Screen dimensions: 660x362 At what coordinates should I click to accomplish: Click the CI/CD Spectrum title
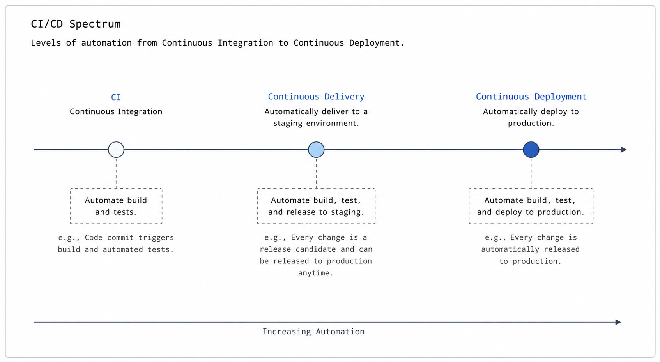[76, 24]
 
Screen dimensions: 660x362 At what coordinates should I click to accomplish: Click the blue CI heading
[116, 97]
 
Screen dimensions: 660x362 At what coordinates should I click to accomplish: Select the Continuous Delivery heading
[316, 97]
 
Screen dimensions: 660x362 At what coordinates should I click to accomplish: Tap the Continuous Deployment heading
[531, 97]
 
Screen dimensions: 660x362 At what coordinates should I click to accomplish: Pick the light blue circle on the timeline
[316, 150]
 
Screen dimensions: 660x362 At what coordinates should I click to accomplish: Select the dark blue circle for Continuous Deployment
[531, 150]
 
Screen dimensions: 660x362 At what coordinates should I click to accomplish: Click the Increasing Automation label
[313, 332]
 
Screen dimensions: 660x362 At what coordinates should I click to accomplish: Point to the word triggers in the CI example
[156, 238]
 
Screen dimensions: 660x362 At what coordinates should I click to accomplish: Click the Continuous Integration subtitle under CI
[116, 111]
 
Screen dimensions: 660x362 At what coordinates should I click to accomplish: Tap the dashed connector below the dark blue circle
[531, 173]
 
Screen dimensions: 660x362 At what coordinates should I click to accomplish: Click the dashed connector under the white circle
[116, 173]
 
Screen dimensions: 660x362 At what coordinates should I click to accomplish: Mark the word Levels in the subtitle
[46, 43]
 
